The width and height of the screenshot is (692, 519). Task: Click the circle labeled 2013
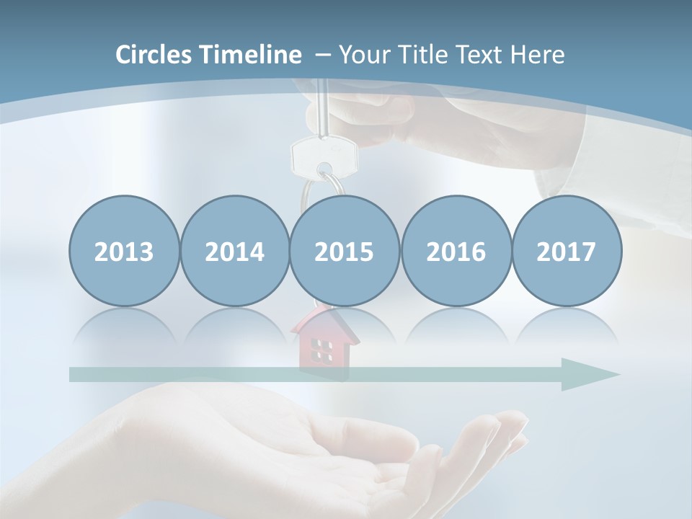(124, 252)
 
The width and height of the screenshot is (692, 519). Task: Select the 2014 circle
(234, 252)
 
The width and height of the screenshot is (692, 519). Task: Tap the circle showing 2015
(345, 252)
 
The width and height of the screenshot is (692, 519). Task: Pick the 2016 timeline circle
(456, 252)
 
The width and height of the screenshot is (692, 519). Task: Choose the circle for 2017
(566, 252)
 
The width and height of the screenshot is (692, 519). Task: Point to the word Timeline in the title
(252, 55)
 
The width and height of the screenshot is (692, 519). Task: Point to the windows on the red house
(321, 350)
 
